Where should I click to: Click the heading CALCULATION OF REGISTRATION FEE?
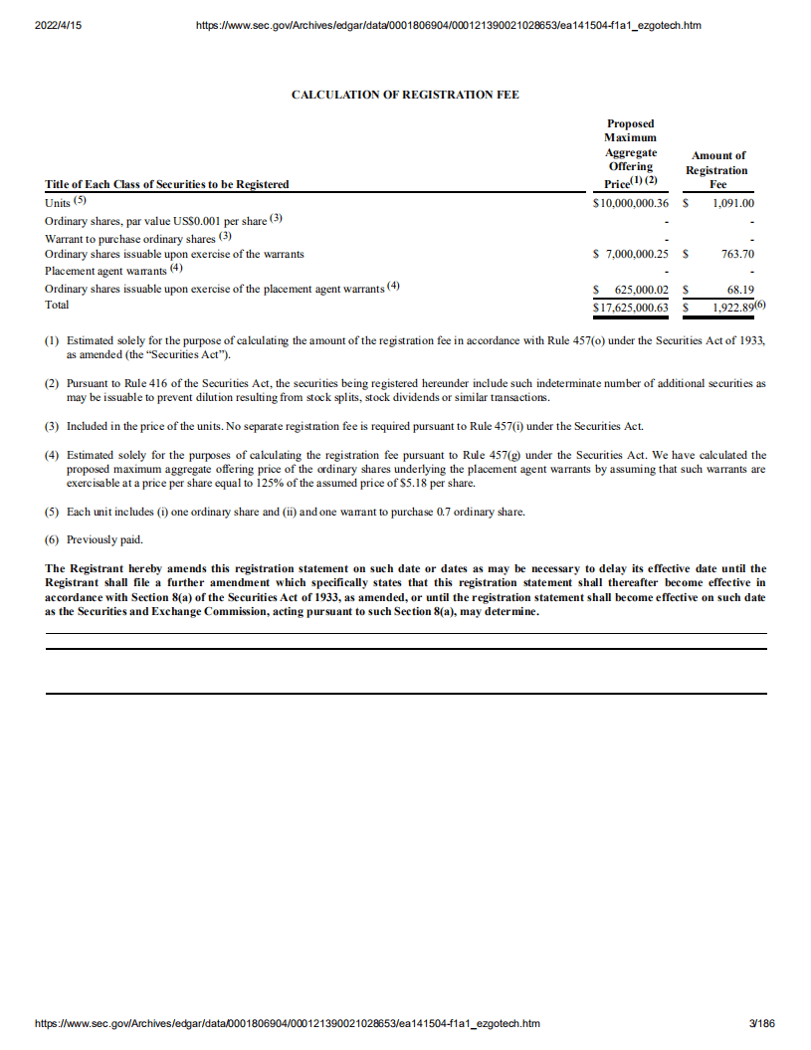point(404,95)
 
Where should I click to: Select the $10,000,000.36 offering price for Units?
point(630,203)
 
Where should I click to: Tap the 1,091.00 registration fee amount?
point(733,203)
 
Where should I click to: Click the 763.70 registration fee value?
point(737,255)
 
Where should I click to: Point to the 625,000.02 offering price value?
point(638,290)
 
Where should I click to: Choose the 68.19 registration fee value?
point(740,290)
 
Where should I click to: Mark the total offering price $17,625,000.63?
point(630,308)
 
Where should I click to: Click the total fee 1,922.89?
point(731,308)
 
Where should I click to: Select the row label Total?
point(58,306)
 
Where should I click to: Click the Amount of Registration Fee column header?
point(718,169)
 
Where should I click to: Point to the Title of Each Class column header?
point(167,184)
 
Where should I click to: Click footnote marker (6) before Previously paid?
point(53,540)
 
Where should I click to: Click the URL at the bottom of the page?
point(288,1023)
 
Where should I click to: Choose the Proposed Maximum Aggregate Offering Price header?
point(630,154)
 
